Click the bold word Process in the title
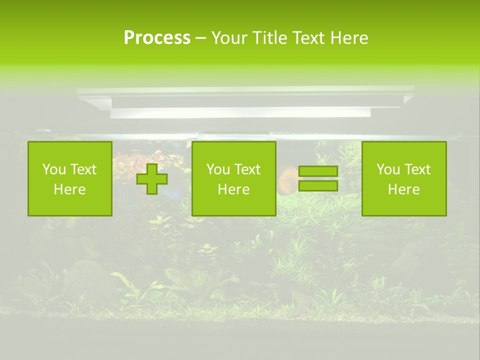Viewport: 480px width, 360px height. (x=157, y=38)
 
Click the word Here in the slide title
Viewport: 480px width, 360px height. (x=349, y=38)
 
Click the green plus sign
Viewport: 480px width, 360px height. (x=152, y=178)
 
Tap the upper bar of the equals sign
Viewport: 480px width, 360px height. (x=318, y=171)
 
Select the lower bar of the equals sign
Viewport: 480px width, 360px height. (x=318, y=185)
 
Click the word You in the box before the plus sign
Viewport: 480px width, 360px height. (x=53, y=169)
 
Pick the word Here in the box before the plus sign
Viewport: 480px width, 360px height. (x=69, y=189)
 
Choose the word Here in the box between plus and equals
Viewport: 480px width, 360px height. (x=233, y=189)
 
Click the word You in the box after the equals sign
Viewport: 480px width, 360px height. (x=387, y=169)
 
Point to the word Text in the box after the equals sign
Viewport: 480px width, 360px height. (x=417, y=169)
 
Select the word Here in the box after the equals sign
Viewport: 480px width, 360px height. (x=403, y=189)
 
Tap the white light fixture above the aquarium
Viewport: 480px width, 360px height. (x=245, y=102)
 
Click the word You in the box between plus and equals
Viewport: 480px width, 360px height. (x=217, y=169)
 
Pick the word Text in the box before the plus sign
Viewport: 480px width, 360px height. (x=83, y=169)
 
